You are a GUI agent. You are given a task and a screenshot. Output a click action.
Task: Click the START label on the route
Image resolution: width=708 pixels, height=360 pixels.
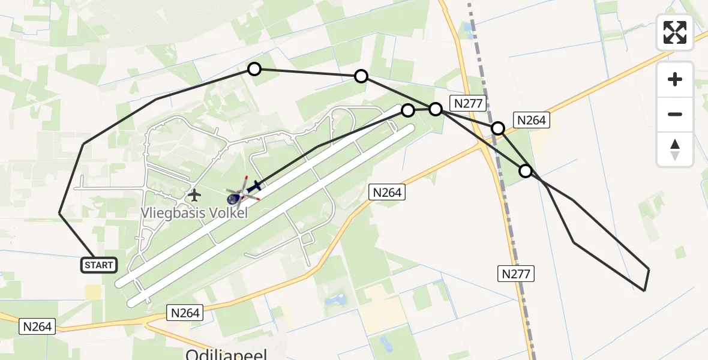pos(99,265)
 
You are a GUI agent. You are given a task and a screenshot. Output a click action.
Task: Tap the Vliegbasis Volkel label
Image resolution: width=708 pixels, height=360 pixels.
pos(194,212)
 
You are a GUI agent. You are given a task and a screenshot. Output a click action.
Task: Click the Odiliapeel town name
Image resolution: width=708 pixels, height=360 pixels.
pos(226,354)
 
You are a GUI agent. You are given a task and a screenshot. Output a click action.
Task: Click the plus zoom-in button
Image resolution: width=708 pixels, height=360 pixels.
pos(675,79)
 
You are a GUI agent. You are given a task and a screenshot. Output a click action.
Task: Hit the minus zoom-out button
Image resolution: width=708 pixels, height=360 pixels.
pos(675,114)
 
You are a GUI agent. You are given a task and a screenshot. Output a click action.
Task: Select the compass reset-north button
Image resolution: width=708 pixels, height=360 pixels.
pos(675,149)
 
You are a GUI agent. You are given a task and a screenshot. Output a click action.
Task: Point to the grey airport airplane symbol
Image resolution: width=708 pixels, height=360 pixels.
pos(194,195)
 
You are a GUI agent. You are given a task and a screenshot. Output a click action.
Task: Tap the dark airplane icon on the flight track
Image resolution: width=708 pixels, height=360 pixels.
pos(254,187)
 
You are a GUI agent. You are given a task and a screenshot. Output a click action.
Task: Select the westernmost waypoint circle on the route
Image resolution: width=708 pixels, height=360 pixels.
pos(254,69)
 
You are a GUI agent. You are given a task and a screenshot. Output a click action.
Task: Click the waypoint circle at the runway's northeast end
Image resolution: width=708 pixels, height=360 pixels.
pos(408,110)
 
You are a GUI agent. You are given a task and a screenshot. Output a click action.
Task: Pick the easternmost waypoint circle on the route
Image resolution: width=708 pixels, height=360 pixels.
pos(526,171)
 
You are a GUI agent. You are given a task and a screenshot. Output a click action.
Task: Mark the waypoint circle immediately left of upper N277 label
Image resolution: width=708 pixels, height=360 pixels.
pos(436,109)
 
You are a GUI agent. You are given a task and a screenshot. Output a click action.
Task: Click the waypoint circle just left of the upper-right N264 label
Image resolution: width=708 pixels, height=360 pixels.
pos(498,128)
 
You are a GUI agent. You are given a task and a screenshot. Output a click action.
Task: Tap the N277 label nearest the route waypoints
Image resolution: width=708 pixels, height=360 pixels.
pos(468,103)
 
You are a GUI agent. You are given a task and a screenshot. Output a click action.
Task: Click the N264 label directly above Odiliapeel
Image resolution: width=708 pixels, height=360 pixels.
pos(185,312)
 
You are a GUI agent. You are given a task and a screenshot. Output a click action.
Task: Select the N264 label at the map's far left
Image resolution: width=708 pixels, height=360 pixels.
pos(38,326)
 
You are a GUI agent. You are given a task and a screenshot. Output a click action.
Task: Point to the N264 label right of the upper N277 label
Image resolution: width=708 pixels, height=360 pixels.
pos(531,120)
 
